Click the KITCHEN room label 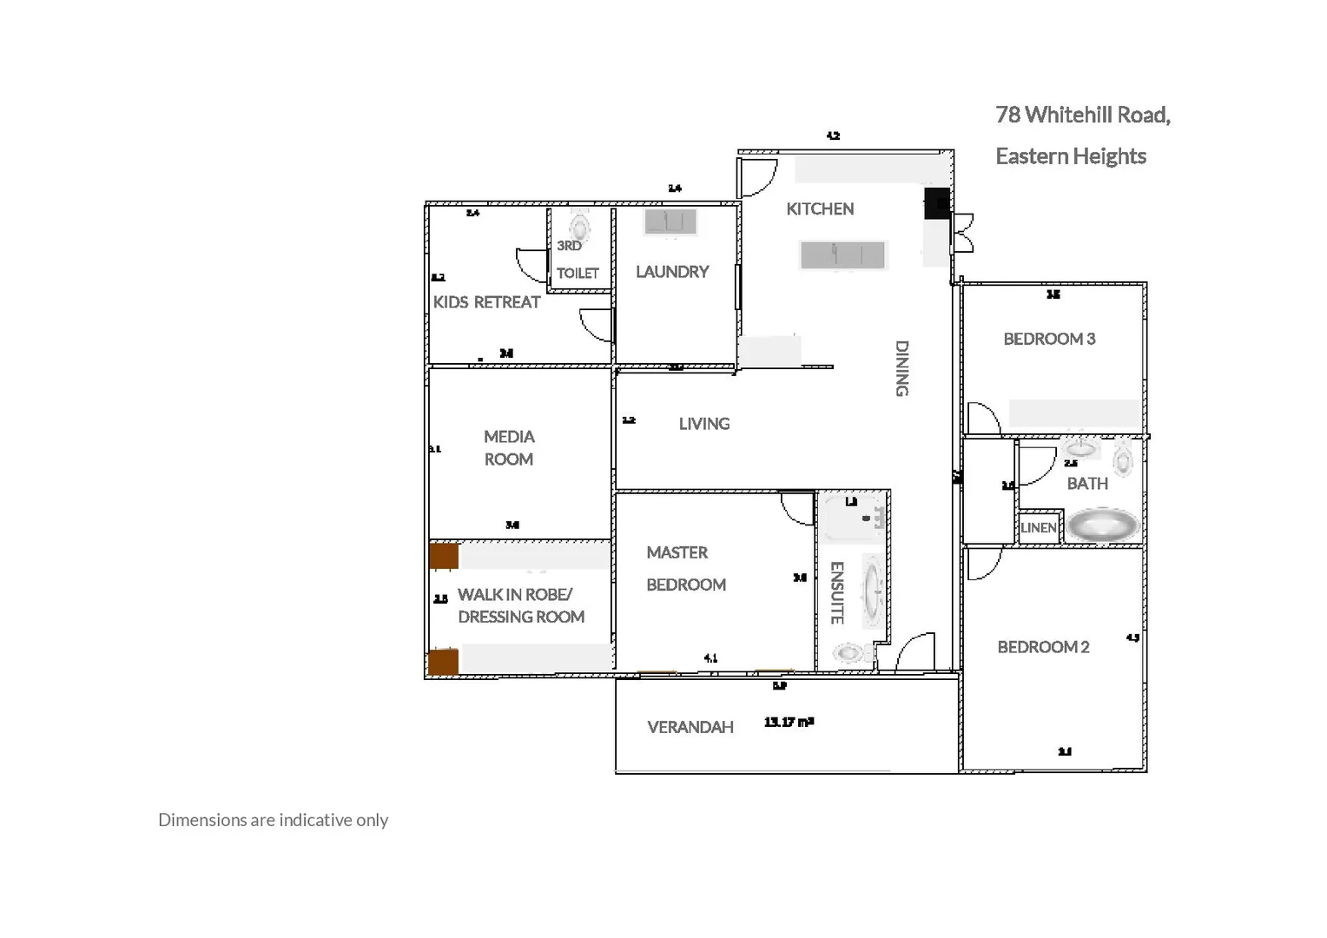click(820, 208)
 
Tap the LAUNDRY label click(672, 272)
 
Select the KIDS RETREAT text click(486, 302)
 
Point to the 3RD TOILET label click(577, 260)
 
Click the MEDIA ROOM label click(509, 447)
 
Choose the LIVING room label click(703, 424)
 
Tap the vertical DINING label click(901, 368)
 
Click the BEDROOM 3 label click(1049, 339)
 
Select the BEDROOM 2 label click(1043, 647)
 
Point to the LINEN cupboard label click(1039, 528)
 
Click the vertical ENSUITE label click(836, 593)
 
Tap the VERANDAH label click(690, 727)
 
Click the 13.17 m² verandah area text click(789, 722)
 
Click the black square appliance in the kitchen click(937, 202)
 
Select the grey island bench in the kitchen click(842, 255)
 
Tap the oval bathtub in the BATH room click(1102, 525)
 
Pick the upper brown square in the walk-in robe click(444, 556)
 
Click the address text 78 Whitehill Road click(1082, 115)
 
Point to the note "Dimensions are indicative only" click(273, 820)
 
